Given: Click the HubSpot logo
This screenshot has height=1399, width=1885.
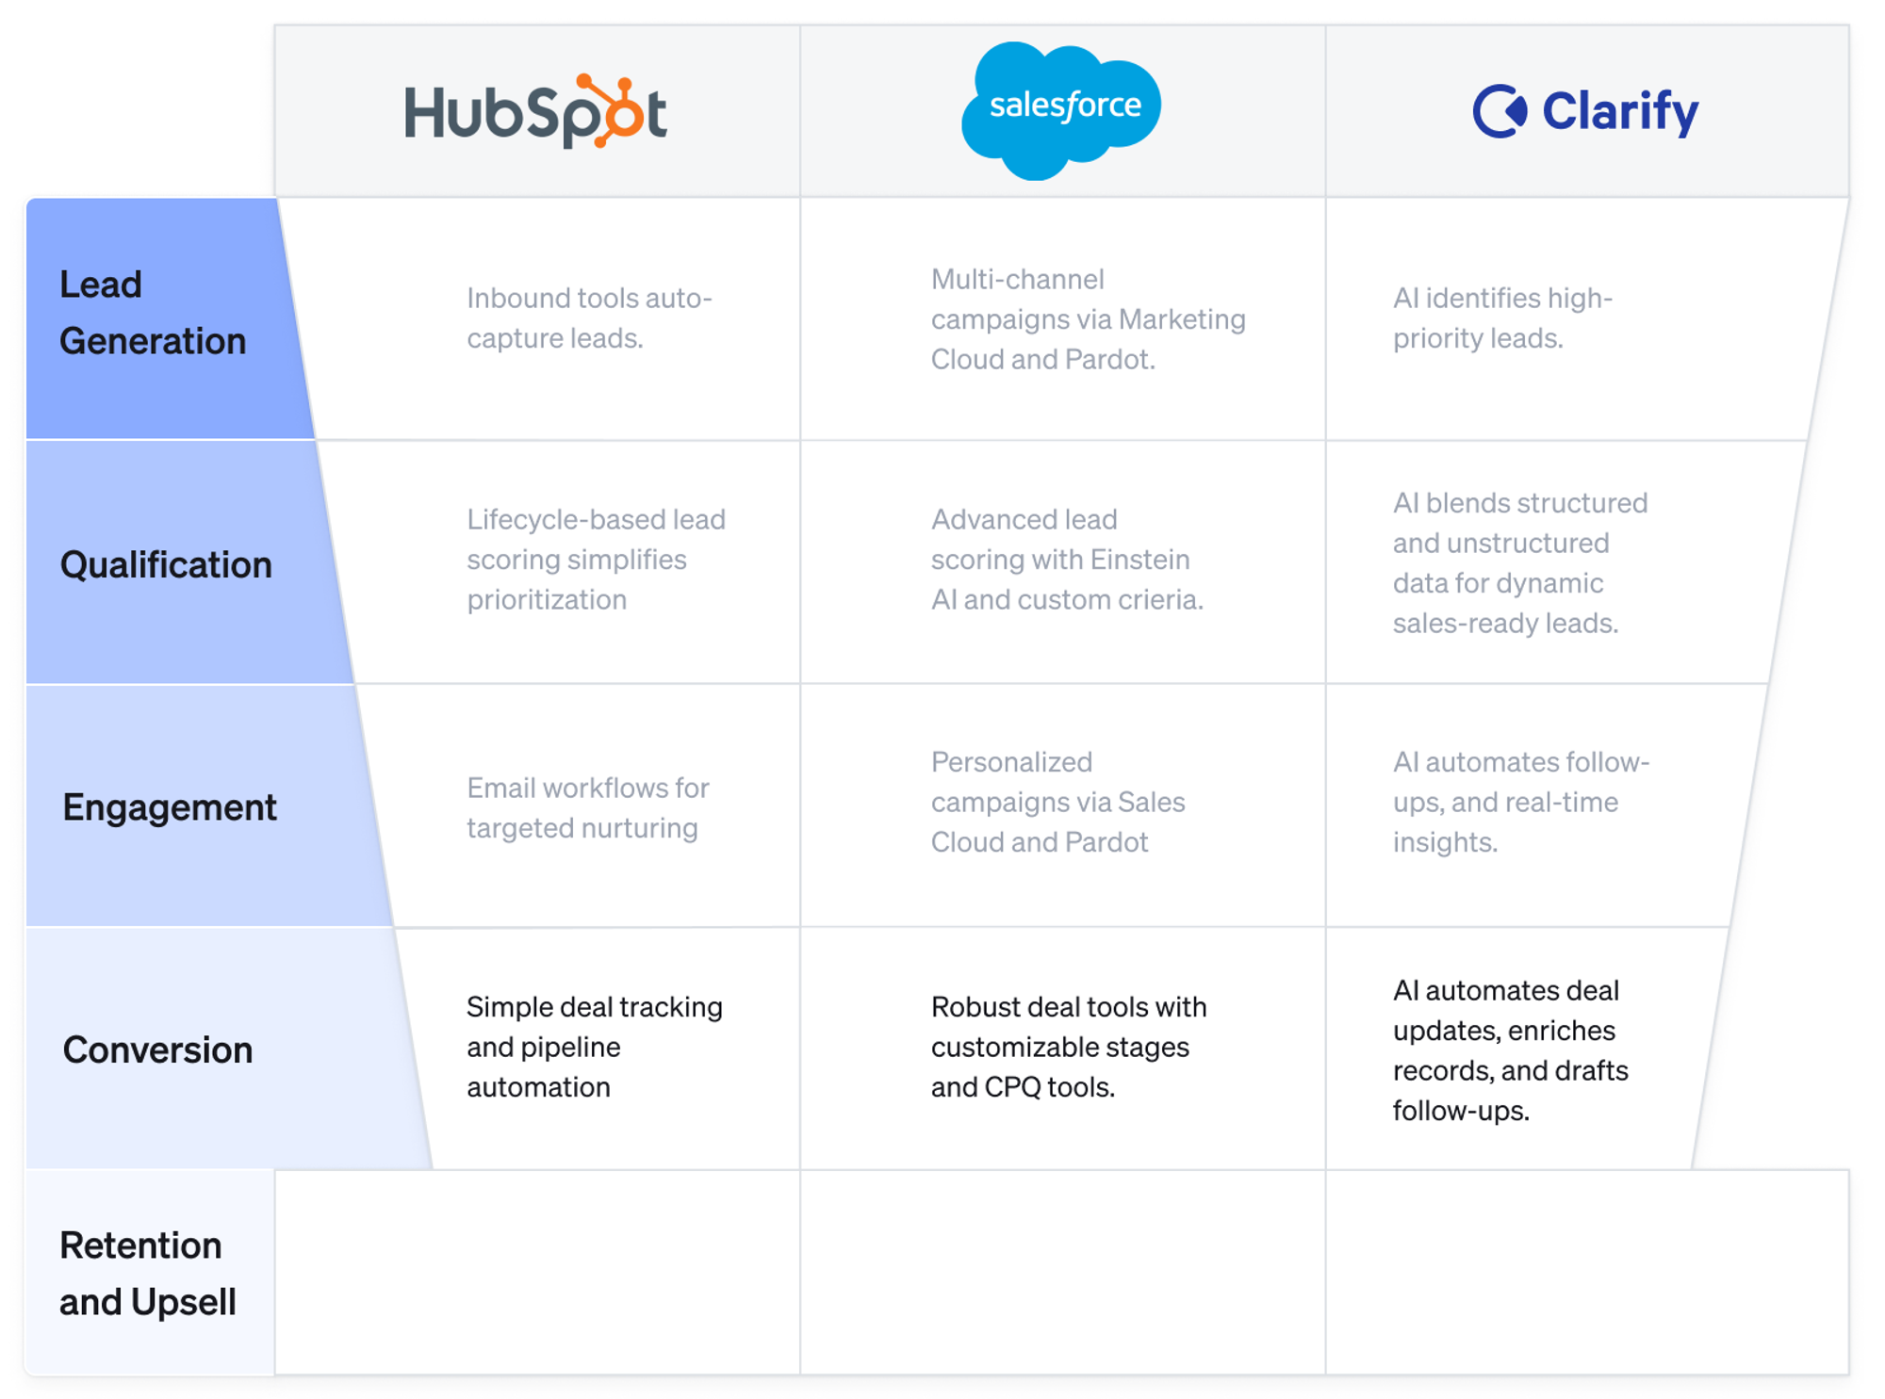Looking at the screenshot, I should click(x=535, y=111).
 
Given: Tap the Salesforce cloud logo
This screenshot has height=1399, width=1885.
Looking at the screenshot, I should click(x=1062, y=108).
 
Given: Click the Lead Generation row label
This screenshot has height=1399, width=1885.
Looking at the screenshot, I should click(x=152, y=313).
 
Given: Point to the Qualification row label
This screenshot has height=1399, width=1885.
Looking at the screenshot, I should click(x=166, y=564).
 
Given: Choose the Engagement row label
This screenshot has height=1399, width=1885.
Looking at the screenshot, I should click(x=170, y=807).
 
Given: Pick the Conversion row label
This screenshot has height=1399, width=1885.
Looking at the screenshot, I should click(x=157, y=1049).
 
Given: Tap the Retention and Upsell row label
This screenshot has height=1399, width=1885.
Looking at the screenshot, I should click(x=147, y=1274).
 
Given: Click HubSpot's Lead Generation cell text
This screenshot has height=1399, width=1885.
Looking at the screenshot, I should click(x=589, y=317).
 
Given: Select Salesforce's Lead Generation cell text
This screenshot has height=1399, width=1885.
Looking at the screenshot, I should click(x=1088, y=318).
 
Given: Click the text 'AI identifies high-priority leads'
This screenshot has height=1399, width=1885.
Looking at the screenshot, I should click(x=1502, y=317).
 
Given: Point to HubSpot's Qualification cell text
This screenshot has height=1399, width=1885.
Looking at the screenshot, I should click(x=596, y=559).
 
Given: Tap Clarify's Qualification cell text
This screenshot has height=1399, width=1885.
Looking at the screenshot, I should click(x=1519, y=562).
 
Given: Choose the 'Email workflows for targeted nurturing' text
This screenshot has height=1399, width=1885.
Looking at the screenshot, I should click(x=587, y=807).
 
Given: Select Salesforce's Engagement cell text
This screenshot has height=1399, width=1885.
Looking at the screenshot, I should click(x=1057, y=802).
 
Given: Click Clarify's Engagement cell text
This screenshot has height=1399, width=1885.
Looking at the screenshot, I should click(x=1520, y=802).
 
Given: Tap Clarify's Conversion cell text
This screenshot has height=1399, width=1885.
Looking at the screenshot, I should click(x=1510, y=1049).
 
